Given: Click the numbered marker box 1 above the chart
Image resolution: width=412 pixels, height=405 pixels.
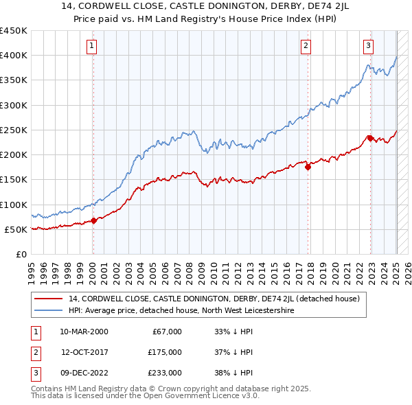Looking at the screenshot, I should click(92, 46).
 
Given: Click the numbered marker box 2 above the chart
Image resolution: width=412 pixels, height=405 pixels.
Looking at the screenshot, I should click(306, 46).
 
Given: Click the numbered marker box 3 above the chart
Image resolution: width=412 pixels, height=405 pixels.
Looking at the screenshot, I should click(369, 46).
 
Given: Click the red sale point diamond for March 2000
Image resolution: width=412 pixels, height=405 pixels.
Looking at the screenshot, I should click(94, 220).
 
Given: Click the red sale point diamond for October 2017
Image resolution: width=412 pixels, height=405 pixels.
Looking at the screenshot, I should click(308, 167).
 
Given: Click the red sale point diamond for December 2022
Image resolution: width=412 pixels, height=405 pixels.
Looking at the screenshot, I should click(371, 138).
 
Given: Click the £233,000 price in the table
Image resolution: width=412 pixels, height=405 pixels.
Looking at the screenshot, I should click(165, 373).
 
